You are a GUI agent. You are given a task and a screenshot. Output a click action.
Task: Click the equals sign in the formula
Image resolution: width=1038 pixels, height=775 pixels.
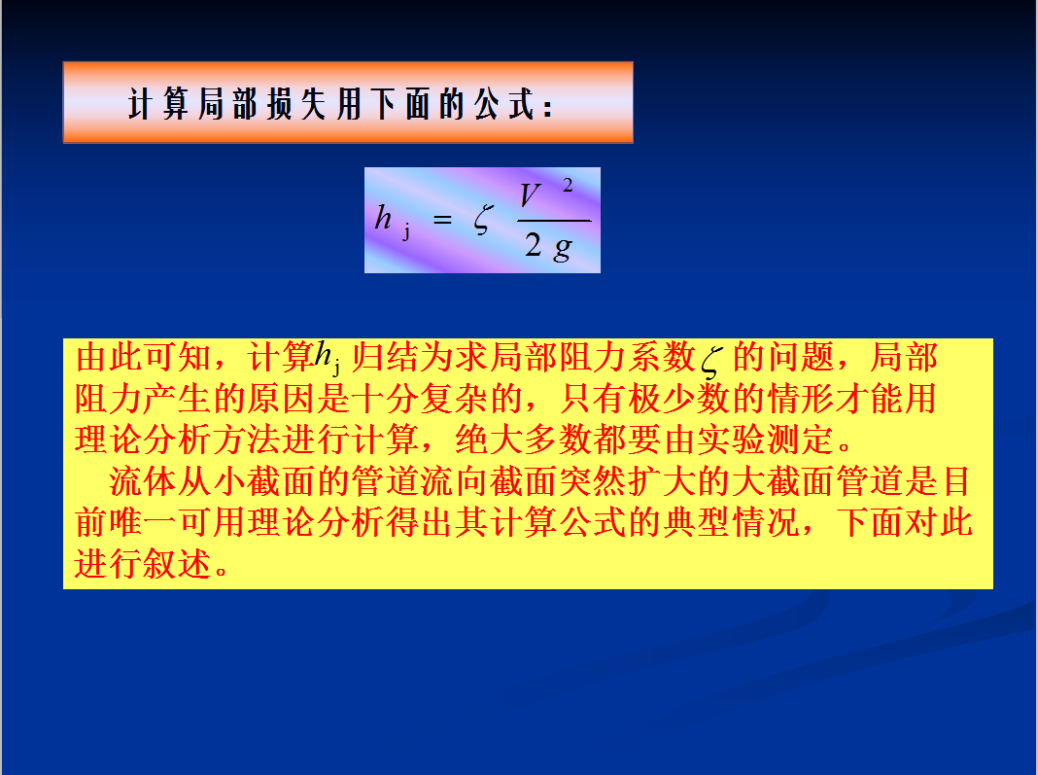pyautogui.click(x=442, y=219)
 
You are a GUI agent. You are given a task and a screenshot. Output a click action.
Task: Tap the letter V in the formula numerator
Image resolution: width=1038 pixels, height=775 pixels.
pyautogui.click(x=530, y=195)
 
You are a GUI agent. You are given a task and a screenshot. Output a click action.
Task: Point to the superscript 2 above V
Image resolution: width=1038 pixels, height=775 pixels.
pyautogui.click(x=568, y=186)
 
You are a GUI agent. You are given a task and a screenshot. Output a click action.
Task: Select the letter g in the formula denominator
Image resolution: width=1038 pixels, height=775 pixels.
pyautogui.click(x=562, y=248)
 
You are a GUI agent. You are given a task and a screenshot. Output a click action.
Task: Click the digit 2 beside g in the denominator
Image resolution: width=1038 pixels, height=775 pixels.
pyautogui.click(x=533, y=244)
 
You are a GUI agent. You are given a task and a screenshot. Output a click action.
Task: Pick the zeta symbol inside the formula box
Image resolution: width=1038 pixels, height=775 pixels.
pyautogui.click(x=484, y=219)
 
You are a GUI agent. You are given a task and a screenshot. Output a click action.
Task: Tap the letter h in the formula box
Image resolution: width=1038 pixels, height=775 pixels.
pyautogui.click(x=383, y=217)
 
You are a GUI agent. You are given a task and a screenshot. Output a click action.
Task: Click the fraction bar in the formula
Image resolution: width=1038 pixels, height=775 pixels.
pyautogui.click(x=554, y=220)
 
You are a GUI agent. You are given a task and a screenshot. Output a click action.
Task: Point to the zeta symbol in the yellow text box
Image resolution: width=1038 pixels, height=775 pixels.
pyautogui.click(x=711, y=362)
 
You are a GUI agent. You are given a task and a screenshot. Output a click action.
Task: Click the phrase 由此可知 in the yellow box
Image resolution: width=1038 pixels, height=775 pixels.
pyautogui.click(x=143, y=358)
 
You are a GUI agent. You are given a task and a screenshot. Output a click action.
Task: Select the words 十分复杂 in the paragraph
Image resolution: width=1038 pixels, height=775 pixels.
pyautogui.click(x=419, y=399)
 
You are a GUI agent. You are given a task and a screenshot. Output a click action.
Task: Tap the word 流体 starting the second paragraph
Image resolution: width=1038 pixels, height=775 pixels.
pyautogui.click(x=143, y=481)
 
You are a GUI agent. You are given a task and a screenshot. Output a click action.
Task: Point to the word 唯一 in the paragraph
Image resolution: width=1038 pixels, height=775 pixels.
pyautogui.click(x=143, y=522)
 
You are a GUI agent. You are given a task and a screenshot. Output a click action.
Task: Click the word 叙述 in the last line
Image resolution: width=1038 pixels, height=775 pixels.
pyautogui.click(x=178, y=564)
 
